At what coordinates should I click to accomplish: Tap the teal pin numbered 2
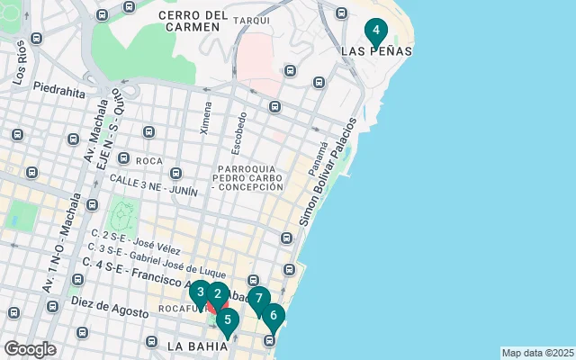[217, 294]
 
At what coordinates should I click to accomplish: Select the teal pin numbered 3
[200, 292]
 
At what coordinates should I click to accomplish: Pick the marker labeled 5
[227, 319]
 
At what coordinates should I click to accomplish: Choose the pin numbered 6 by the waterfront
[273, 316]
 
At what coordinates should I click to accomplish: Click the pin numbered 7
[258, 299]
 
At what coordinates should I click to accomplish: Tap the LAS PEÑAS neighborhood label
[377, 51]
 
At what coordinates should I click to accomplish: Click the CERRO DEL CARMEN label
[191, 21]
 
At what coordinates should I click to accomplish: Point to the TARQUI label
[251, 20]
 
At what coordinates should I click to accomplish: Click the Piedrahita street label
[58, 90]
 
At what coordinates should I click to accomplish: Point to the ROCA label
[148, 160]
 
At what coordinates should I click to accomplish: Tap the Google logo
[30, 348]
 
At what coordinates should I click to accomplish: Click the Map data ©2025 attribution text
[536, 353]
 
